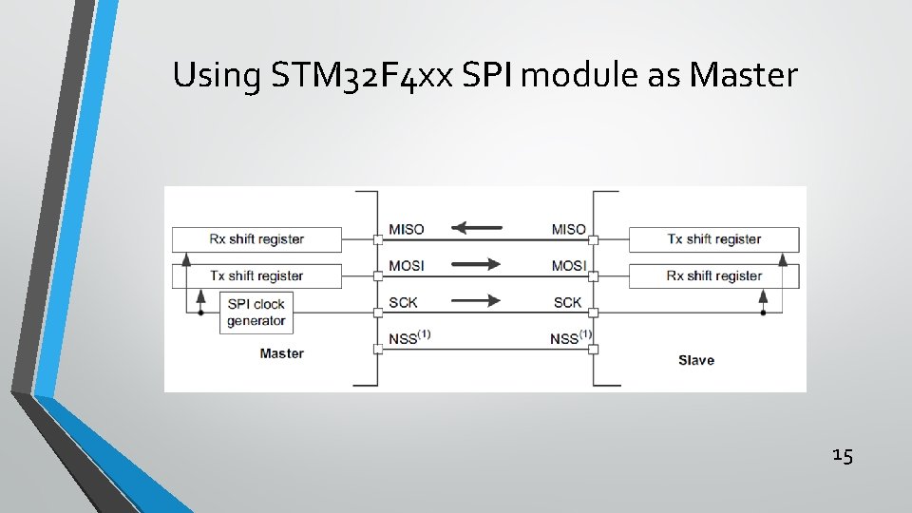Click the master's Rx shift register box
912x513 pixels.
point(256,238)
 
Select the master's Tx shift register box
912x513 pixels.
point(256,275)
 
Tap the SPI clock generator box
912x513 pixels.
point(256,312)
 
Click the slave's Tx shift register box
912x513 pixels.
point(713,238)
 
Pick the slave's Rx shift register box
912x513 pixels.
point(713,275)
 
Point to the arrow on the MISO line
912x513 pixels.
point(477,228)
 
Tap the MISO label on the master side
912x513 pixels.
point(407,229)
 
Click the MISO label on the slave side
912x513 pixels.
point(568,229)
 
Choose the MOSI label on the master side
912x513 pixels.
point(407,266)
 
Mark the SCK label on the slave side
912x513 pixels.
point(567,302)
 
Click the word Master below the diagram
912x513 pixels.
point(281,353)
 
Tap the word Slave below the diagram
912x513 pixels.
point(695,360)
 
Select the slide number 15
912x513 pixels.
point(842,456)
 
